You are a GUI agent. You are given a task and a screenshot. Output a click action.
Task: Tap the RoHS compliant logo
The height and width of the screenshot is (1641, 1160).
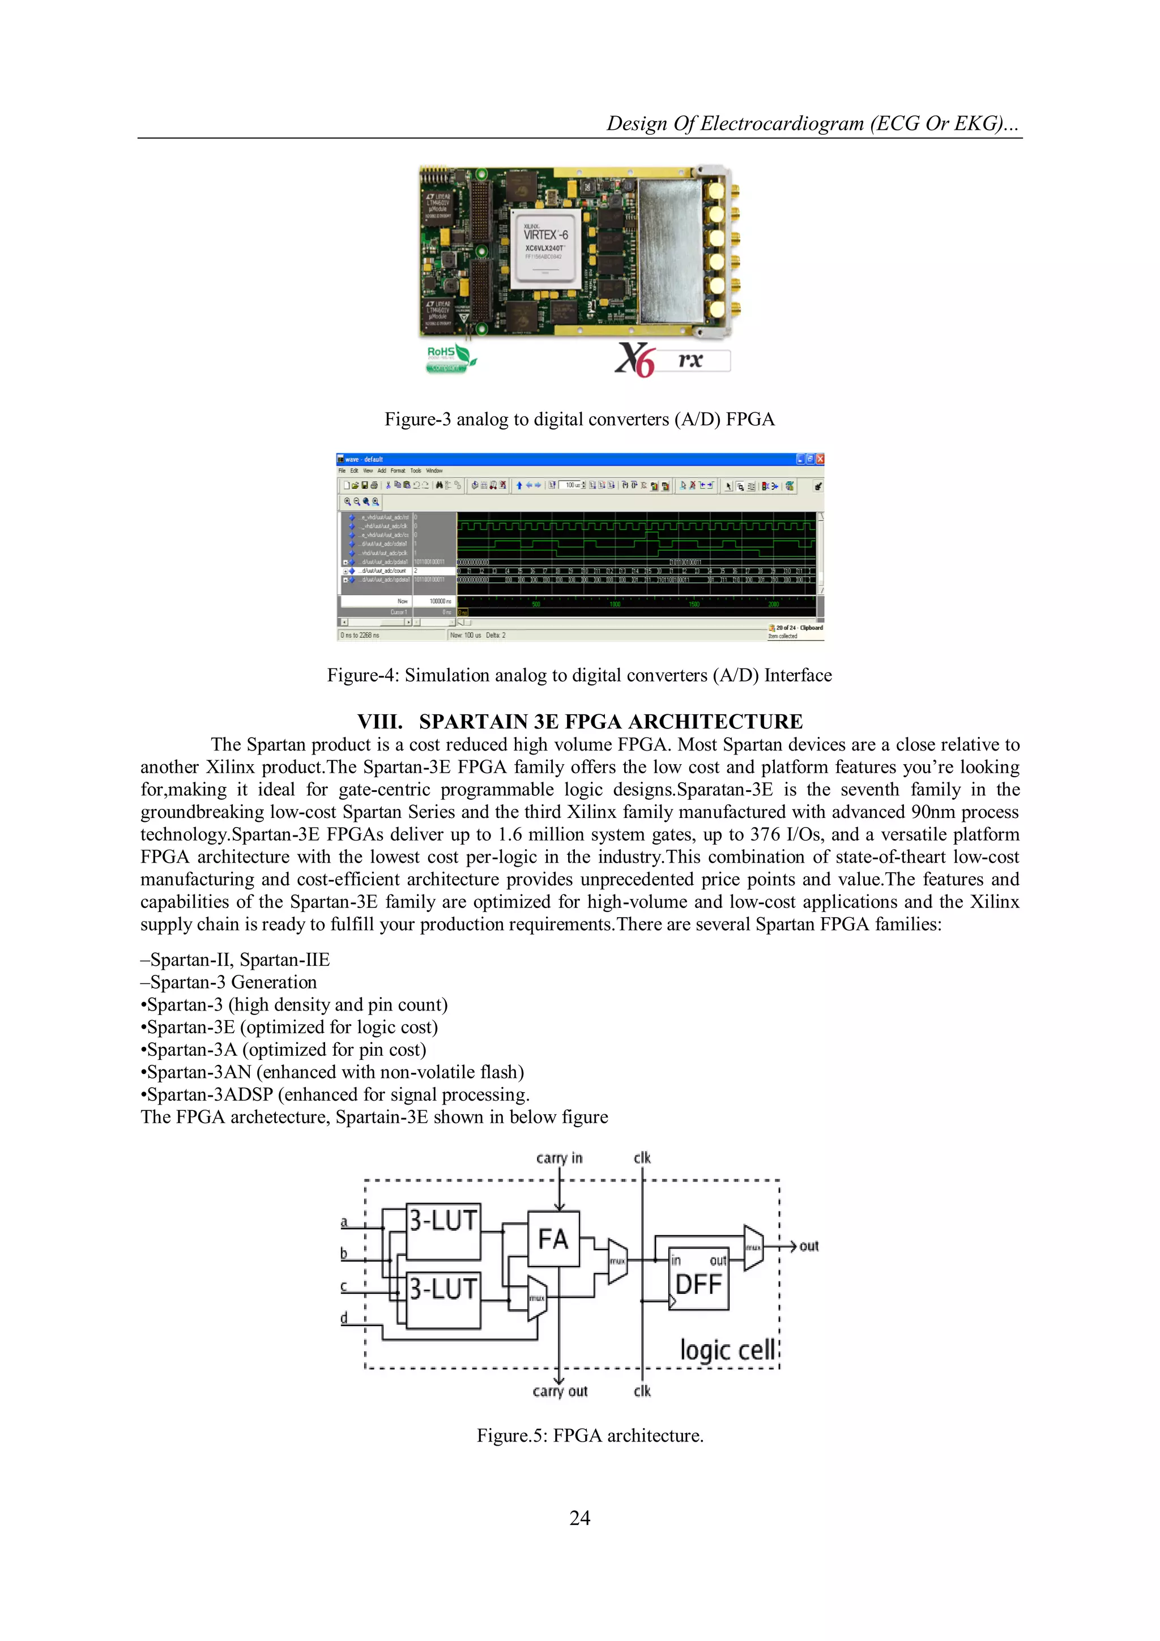click(x=449, y=359)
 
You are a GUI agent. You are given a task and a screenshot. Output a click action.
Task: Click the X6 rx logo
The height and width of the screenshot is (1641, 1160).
click(x=672, y=360)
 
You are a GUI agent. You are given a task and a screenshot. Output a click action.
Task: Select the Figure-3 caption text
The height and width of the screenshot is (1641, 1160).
click(x=579, y=420)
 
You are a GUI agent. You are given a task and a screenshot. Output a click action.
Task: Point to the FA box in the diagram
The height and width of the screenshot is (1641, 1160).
click(x=553, y=1239)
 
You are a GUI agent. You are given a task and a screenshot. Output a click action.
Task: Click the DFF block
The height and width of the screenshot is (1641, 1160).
click(x=698, y=1284)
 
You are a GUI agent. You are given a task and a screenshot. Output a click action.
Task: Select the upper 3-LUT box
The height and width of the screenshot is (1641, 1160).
click(x=443, y=1231)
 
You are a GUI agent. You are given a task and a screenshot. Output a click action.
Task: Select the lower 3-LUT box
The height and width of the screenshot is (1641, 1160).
click(x=443, y=1299)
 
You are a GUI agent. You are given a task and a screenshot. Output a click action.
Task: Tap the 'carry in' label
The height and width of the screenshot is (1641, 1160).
click(x=559, y=1158)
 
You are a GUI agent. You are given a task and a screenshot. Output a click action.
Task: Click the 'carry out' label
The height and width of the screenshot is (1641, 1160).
click(x=560, y=1391)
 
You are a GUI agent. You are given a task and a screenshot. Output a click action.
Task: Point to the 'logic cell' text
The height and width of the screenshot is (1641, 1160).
click(x=727, y=1350)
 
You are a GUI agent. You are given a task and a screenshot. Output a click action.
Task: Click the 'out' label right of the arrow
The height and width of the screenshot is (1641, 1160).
click(x=808, y=1247)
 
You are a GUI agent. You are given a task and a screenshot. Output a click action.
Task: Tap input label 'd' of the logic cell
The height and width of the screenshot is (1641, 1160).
click(x=344, y=1317)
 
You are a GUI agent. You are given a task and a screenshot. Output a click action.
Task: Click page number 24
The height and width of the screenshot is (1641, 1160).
click(x=579, y=1518)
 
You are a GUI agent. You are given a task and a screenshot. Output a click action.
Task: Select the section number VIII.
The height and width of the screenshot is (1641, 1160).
click(x=379, y=721)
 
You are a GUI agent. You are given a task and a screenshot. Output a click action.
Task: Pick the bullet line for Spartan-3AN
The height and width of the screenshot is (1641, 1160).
click(x=332, y=1072)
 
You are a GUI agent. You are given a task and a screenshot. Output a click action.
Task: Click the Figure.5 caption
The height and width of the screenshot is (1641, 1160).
click(x=590, y=1436)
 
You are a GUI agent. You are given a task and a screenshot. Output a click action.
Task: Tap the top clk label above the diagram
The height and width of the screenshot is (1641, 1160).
click(x=642, y=1158)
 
